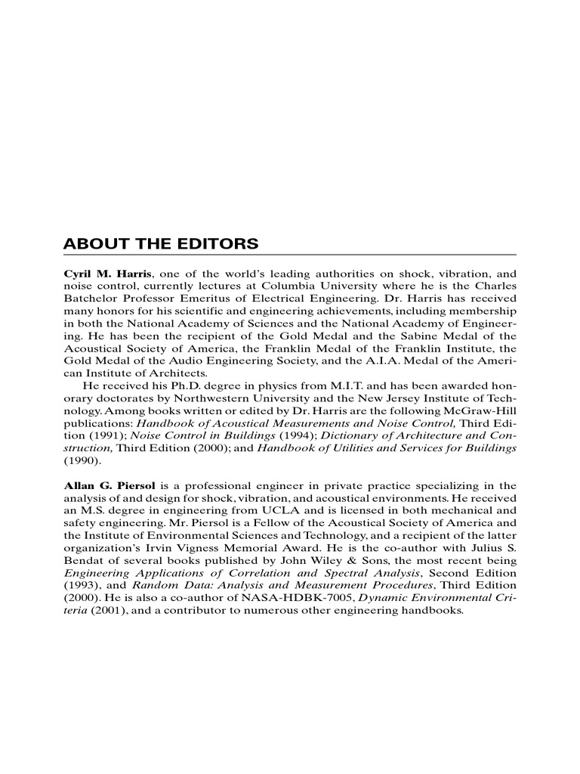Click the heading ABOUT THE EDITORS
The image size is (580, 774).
pyautogui.click(x=160, y=244)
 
